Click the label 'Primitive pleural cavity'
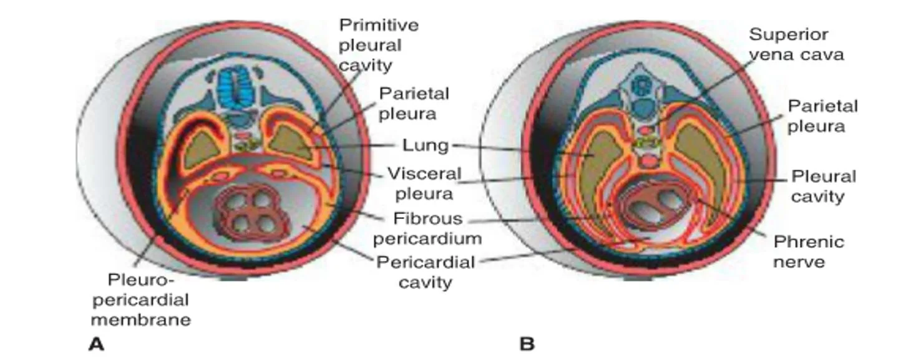(379, 46)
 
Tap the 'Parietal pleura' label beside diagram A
(414, 104)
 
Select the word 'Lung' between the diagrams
(426, 145)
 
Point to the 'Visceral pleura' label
(424, 183)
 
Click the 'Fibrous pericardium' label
(427, 228)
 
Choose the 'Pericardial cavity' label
(426, 272)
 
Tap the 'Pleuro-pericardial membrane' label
(141, 299)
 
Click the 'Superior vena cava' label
(796, 44)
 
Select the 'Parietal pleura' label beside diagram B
(822, 117)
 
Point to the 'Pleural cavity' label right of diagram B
(824, 187)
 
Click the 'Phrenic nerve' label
(809, 251)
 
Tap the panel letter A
(96, 344)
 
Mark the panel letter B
(527, 344)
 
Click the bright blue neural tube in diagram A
(236, 88)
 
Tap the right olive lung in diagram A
(291, 144)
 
